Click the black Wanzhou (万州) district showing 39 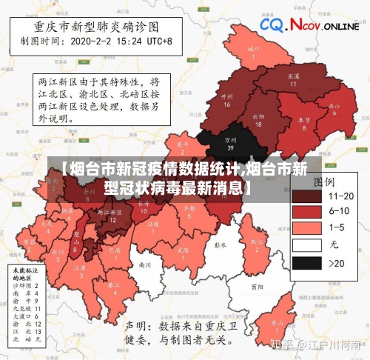(x=230, y=141)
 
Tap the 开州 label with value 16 (x=227, y=100)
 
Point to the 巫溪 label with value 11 (x=293, y=79)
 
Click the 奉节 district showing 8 (x=304, y=122)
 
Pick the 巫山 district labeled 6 (x=335, y=108)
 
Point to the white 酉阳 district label (x=257, y=285)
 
